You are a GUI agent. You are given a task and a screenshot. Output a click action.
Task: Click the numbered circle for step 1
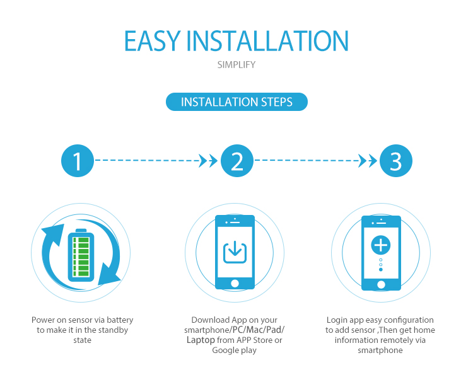pyautogui.click(x=78, y=161)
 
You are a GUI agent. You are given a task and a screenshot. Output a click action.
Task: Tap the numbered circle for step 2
pyautogui.click(x=237, y=161)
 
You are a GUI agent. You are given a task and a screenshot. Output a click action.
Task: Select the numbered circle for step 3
pyautogui.click(x=396, y=161)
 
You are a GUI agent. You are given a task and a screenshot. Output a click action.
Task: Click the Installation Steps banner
pyautogui.click(x=237, y=102)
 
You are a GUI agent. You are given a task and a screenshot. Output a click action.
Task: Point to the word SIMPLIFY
pyautogui.click(x=237, y=64)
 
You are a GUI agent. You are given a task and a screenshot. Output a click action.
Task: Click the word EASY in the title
pyautogui.click(x=153, y=41)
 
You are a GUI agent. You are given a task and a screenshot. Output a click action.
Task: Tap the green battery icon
pyautogui.click(x=81, y=255)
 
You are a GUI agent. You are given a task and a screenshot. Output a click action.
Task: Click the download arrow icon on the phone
pyautogui.click(x=235, y=252)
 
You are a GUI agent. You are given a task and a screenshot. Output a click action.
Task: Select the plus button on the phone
pyautogui.click(x=381, y=245)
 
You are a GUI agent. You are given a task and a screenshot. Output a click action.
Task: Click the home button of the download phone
pyautogui.click(x=235, y=284)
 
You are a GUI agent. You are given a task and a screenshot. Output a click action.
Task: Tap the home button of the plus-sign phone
pyautogui.click(x=381, y=284)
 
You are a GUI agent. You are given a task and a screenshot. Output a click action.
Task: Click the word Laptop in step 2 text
pyautogui.click(x=201, y=340)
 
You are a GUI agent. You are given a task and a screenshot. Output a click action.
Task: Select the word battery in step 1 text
pyautogui.click(x=120, y=320)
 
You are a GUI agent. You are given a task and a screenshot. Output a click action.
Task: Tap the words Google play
pyautogui.click(x=235, y=351)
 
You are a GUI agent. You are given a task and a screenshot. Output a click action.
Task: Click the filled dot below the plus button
pyautogui.click(x=381, y=269)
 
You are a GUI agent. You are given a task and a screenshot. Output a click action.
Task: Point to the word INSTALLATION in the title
pyautogui.click(x=267, y=41)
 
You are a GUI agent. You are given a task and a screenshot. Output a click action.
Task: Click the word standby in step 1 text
pyautogui.click(x=111, y=330)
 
